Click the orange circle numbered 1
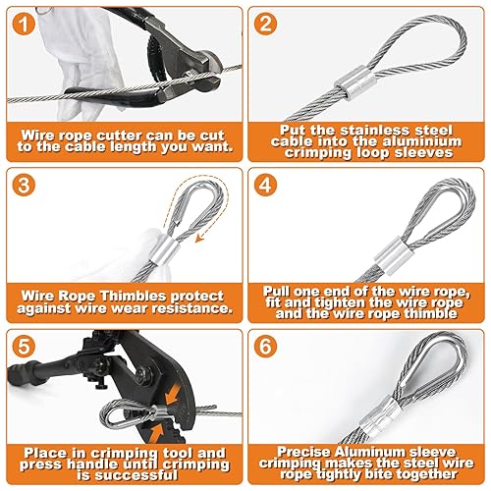coord(24,24)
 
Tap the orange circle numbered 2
coord(265,24)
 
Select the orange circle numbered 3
coord(24,185)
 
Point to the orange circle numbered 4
coord(265,185)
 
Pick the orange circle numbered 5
coord(24,347)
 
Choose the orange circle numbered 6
coord(265,347)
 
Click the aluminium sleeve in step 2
coord(355,82)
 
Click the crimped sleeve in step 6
coord(383,415)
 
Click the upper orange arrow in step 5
coord(173,395)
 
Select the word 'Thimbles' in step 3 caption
coord(133,296)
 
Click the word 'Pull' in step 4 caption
coord(276,292)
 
